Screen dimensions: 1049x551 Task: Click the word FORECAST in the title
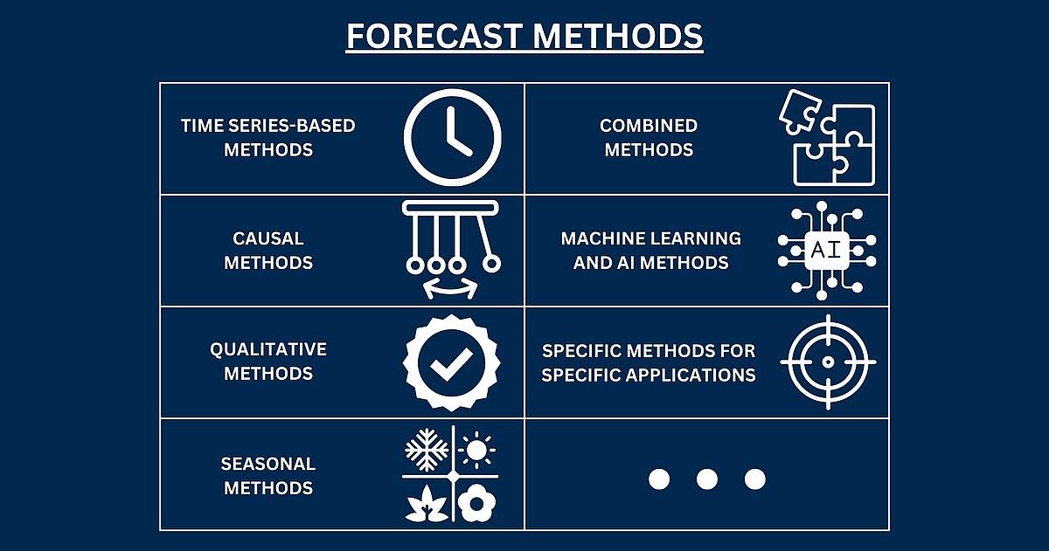pos(434,36)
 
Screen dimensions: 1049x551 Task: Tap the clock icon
pos(453,137)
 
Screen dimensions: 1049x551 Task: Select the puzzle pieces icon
pos(827,137)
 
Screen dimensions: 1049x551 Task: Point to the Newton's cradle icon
pos(451,250)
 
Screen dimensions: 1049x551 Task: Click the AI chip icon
pos(827,251)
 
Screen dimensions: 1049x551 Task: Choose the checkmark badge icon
pos(451,362)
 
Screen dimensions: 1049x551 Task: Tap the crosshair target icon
pos(828,362)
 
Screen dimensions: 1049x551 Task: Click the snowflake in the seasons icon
pos(427,450)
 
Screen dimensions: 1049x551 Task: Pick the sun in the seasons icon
pos(476,450)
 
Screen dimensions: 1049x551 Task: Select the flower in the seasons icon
pos(476,503)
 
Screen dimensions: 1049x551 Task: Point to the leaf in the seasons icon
pos(427,503)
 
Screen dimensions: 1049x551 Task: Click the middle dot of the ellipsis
pos(707,479)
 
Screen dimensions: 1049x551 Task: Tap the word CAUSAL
pos(267,238)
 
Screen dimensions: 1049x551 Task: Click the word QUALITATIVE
pos(267,349)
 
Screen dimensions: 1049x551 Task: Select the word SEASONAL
pos(267,464)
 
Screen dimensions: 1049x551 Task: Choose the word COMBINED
pos(649,126)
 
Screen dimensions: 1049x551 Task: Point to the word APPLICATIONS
pos(691,375)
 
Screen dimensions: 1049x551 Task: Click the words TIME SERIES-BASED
pos(267,126)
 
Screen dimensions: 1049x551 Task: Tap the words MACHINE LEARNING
pos(651,238)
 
